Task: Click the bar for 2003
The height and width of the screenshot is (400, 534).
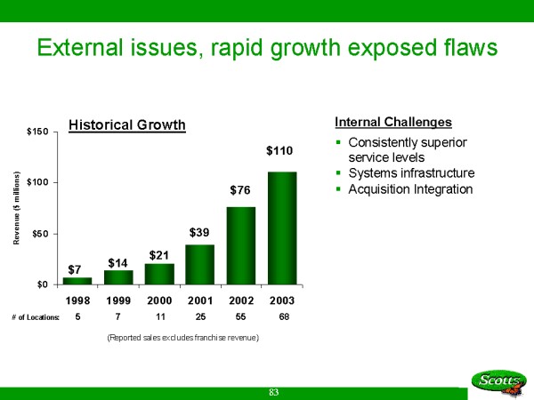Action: [282, 228]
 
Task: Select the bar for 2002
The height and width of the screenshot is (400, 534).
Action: [241, 245]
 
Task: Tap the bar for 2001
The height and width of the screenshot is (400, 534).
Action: [200, 264]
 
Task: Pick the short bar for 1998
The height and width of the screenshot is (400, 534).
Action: [77, 281]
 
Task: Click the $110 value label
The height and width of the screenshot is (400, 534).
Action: [282, 154]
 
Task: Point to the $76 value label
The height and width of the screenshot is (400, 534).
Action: [241, 189]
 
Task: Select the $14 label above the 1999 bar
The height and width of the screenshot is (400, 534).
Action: [118, 263]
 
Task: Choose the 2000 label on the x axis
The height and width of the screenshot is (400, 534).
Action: [159, 301]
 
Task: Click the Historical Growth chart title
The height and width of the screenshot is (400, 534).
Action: [127, 124]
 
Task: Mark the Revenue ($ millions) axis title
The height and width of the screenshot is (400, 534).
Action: [18, 208]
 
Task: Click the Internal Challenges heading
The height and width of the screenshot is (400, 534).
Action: [393, 122]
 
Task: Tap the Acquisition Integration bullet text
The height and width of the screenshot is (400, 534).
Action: [411, 188]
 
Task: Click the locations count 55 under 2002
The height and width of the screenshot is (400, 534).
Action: [241, 317]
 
